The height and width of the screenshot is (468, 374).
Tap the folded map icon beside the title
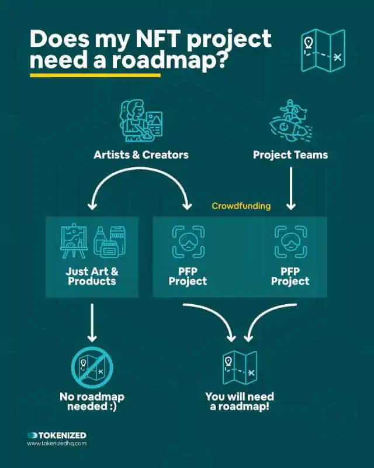[323, 50]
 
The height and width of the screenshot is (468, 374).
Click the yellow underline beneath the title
[95, 75]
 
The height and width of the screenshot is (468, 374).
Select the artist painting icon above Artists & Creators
[141, 121]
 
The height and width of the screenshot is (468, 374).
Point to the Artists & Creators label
[141, 154]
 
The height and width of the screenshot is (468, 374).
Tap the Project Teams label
[290, 154]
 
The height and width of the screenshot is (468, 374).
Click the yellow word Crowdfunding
[241, 206]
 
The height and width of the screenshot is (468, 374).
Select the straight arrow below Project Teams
[291, 188]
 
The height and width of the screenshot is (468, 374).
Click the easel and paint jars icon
[92, 241]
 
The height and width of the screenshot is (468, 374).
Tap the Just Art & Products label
[92, 276]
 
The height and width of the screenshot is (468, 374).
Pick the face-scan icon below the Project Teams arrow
[290, 242]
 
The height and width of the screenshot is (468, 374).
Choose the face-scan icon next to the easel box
[188, 242]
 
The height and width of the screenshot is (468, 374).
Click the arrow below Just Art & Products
[92, 322]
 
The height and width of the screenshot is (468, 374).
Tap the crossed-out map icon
[92, 367]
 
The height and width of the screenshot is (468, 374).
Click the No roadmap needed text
[92, 401]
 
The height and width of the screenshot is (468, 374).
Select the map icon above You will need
[240, 367]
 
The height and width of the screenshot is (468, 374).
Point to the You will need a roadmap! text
[240, 401]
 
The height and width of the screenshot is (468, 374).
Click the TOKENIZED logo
[57, 435]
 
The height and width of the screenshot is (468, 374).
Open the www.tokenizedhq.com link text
[57, 443]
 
